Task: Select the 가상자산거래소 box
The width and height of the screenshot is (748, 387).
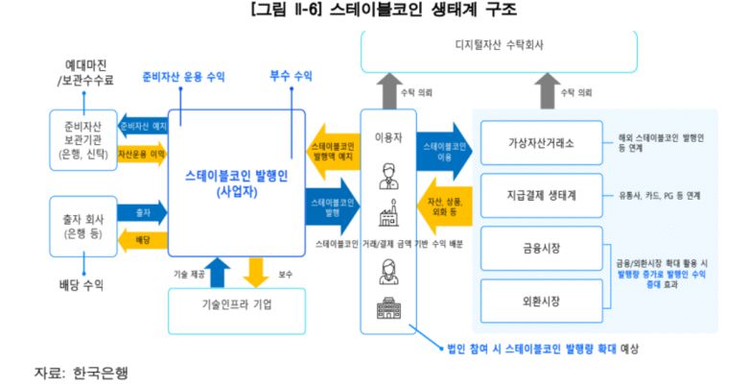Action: point(541,144)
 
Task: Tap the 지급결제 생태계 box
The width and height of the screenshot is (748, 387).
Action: point(541,196)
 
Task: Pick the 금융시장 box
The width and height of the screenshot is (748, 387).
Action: point(541,249)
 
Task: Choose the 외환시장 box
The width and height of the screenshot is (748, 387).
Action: point(541,302)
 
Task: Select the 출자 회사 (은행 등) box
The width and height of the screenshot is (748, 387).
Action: point(82,224)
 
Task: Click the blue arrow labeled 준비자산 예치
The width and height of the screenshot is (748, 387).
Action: point(141,126)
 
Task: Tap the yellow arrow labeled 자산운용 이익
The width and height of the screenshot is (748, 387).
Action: point(141,153)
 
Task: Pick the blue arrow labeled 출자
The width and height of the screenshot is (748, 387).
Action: point(142,211)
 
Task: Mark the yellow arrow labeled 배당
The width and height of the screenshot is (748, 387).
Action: point(142,238)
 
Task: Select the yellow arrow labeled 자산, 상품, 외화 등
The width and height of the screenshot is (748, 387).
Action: point(443,203)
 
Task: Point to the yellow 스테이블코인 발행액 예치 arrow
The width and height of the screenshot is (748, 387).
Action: point(332,152)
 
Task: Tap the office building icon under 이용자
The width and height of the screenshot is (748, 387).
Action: point(388,310)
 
